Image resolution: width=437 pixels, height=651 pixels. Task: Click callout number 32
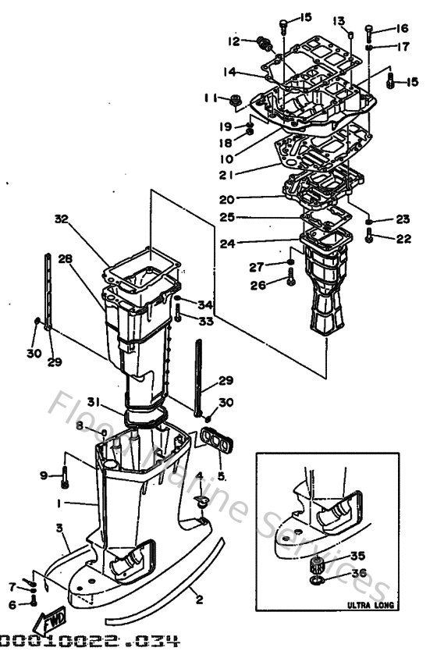click(x=62, y=219)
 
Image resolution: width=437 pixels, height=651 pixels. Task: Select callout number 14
click(x=229, y=72)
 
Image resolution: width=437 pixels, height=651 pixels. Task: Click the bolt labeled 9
click(x=66, y=474)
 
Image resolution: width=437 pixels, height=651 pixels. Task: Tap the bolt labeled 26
click(x=290, y=274)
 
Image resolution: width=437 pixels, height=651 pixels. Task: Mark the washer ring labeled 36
click(x=317, y=582)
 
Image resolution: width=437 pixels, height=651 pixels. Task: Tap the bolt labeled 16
click(x=368, y=32)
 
